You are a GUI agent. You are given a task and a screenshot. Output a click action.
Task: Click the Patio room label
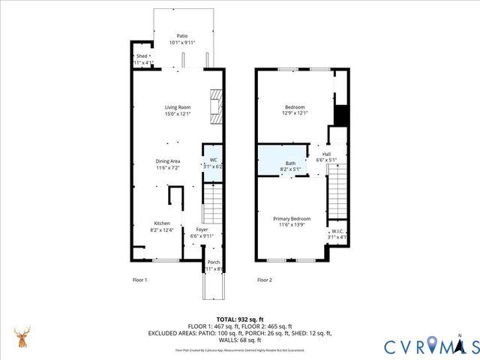182,35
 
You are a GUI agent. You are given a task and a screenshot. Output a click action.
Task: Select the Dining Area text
168,161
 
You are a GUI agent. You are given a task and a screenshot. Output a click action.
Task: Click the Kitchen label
162,223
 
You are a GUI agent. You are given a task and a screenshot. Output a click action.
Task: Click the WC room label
213,160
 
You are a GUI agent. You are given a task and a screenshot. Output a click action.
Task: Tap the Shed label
142,56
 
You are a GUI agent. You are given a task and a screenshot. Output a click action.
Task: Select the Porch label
214,262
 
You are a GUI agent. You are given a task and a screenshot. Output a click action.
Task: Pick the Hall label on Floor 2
326,154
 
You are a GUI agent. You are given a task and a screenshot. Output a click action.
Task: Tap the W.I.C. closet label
337,232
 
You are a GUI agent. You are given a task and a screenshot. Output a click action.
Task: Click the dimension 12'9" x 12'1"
295,113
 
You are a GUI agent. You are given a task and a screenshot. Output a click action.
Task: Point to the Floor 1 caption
135,280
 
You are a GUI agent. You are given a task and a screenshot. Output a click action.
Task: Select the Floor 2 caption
264,280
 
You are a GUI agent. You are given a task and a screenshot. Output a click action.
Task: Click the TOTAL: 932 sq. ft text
239,319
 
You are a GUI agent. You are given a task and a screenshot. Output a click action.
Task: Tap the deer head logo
23,337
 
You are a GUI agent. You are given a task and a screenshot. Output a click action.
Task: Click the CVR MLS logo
431,346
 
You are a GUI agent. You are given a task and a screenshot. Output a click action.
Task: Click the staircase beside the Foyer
214,200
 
